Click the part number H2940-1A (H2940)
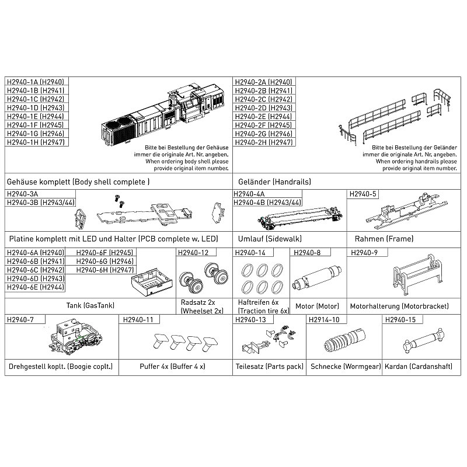pyautogui.click(x=36, y=82)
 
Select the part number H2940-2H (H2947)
pyautogui.click(x=264, y=142)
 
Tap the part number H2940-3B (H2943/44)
pyautogui.click(x=40, y=203)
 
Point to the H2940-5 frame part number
pyautogui.click(x=363, y=194)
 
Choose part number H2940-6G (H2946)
pyautogui.click(x=105, y=261)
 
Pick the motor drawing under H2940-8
pyautogui.click(x=317, y=277)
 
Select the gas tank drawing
pyautogui.click(x=152, y=282)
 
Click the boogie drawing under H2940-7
pyautogui.click(x=75, y=337)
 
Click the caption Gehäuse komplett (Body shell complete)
pyautogui.click(x=78, y=182)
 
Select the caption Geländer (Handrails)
pyautogui.click(x=274, y=182)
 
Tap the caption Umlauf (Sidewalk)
pyautogui.click(x=270, y=239)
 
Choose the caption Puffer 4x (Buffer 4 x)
pyautogui.click(x=172, y=367)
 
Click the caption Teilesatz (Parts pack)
pyautogui.click(x=269, y=367)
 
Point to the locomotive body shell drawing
pyautogui.click(x=163, y=116)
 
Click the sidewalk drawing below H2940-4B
pyautogui.click(x=299, y=219)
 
